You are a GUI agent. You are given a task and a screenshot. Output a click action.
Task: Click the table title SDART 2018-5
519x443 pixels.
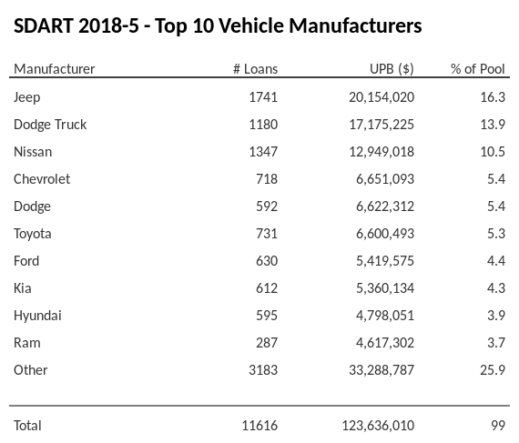[218, 26]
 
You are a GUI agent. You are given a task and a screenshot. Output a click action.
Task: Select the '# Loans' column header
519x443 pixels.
[255, 69]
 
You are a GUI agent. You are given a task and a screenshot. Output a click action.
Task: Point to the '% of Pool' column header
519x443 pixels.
[478, 69]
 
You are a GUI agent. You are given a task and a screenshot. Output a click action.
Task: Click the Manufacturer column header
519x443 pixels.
[54, 69]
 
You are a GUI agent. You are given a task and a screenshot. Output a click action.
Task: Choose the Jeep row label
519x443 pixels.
[27, 97]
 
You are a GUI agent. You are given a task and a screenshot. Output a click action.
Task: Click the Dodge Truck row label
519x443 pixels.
[50, 125]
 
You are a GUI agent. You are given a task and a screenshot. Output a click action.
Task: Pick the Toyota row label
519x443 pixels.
[33, 234]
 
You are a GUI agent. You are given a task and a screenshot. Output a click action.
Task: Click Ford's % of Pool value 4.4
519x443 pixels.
[495, 261]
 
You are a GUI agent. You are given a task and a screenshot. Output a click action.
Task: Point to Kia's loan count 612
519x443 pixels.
[266, 288]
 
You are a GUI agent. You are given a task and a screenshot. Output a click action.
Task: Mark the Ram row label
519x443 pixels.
[27, 343]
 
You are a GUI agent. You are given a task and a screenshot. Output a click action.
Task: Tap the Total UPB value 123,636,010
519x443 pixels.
[378, 426]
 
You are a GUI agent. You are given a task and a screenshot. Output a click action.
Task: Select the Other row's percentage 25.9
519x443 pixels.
[492, 370]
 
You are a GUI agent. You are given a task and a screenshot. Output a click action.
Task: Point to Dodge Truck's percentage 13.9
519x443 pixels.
[492, 125]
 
